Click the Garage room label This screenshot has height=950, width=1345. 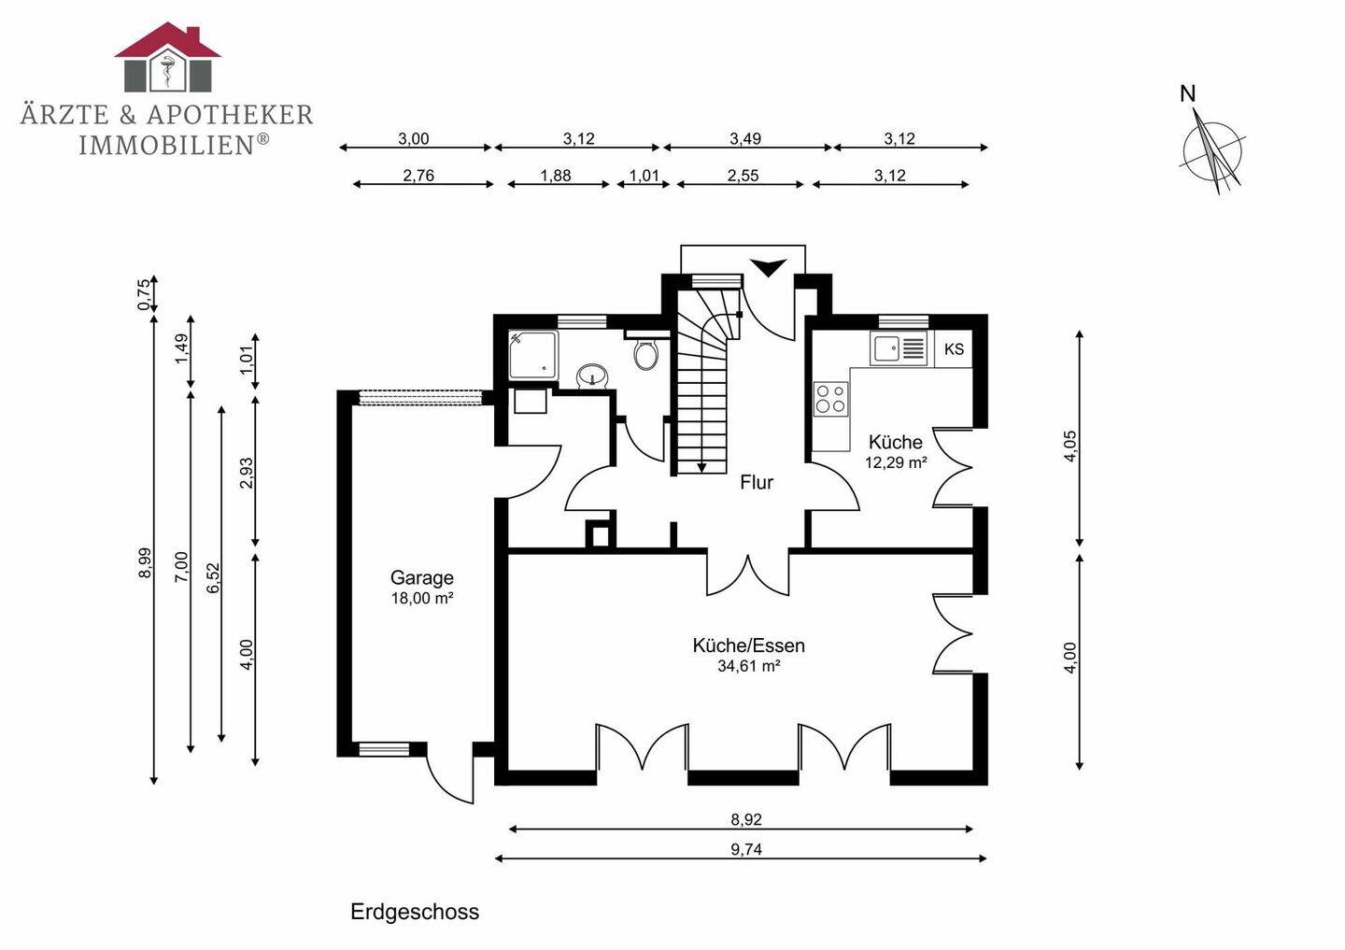421,578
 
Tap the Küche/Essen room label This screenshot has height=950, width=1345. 748,645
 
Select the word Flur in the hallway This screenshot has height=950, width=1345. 757,482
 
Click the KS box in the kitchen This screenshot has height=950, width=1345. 954,349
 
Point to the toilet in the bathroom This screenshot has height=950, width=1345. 645,353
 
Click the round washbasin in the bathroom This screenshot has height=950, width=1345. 592,376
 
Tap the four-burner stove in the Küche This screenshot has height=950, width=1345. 830,399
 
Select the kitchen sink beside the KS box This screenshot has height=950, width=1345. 899,349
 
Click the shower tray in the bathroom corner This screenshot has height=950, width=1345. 533,355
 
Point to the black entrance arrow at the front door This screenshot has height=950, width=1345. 770,268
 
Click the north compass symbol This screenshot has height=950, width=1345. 1213,149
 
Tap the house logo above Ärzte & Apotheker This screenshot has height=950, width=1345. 168,58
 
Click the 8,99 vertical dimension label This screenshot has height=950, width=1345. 145,562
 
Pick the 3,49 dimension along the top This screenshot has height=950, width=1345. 745,139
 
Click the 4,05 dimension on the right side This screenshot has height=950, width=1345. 1070,446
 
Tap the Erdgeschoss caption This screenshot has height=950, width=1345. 415,912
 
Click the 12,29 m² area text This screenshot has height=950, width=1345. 896,462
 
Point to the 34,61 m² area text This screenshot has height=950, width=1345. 748,666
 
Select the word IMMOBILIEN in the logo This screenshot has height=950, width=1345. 165,145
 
